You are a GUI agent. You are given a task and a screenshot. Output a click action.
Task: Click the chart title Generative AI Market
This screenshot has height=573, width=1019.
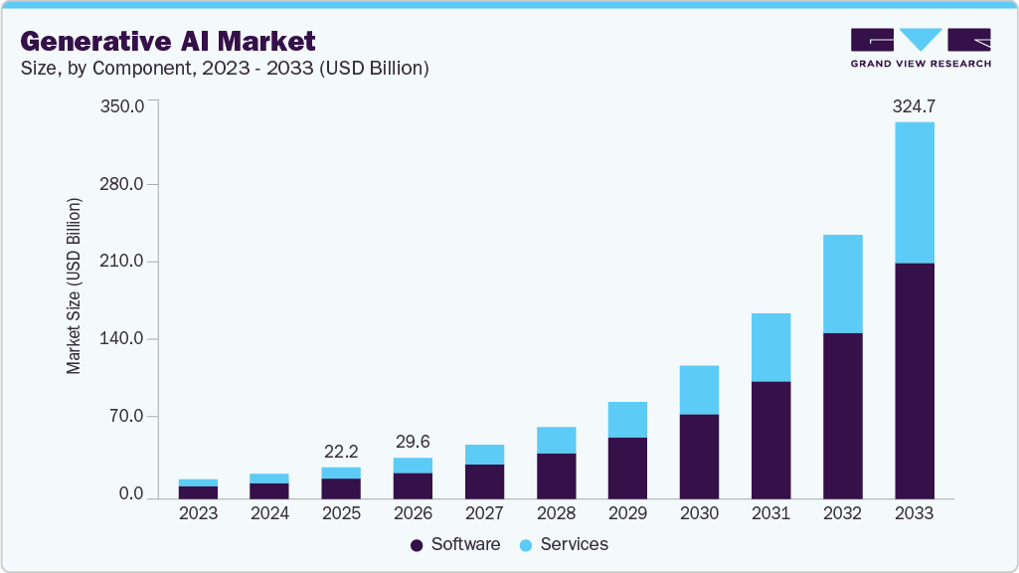(167, 41)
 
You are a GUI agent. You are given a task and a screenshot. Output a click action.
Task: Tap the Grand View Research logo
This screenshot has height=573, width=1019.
(921, 47)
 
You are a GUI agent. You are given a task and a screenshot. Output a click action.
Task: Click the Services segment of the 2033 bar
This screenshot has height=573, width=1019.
(914, 192)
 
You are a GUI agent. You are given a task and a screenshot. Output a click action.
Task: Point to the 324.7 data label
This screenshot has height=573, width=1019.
(914, 104)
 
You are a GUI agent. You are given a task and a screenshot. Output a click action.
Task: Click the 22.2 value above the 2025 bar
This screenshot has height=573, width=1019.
(341, 451)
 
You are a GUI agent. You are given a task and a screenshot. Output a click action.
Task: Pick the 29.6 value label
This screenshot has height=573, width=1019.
(413, 441)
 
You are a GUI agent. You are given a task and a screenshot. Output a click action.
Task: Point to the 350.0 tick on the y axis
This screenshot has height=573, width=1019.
(124, 105)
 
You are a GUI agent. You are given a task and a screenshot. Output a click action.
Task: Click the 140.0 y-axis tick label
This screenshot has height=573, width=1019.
(124, 339)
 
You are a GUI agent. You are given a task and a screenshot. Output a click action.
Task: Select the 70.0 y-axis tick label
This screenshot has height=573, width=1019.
(128, 417)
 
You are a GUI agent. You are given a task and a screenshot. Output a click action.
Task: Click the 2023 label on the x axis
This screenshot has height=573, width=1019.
(198, 513)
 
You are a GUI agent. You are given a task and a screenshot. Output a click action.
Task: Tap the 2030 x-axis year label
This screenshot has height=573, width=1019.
(699, 513)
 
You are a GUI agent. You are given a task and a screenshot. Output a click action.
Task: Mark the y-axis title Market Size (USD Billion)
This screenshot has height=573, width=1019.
(74, 286)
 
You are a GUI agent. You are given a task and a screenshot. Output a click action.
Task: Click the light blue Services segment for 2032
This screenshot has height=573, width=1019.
(842, 284)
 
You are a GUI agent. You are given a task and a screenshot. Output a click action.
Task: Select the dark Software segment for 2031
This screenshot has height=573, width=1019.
(770, 440)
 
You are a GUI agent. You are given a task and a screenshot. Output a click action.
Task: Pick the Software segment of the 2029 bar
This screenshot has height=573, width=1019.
(627, 468)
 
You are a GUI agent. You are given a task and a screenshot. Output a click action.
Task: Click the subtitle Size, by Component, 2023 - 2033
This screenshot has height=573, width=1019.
(224, 69)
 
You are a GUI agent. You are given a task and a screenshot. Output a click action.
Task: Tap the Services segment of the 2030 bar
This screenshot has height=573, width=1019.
(699, 389)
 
